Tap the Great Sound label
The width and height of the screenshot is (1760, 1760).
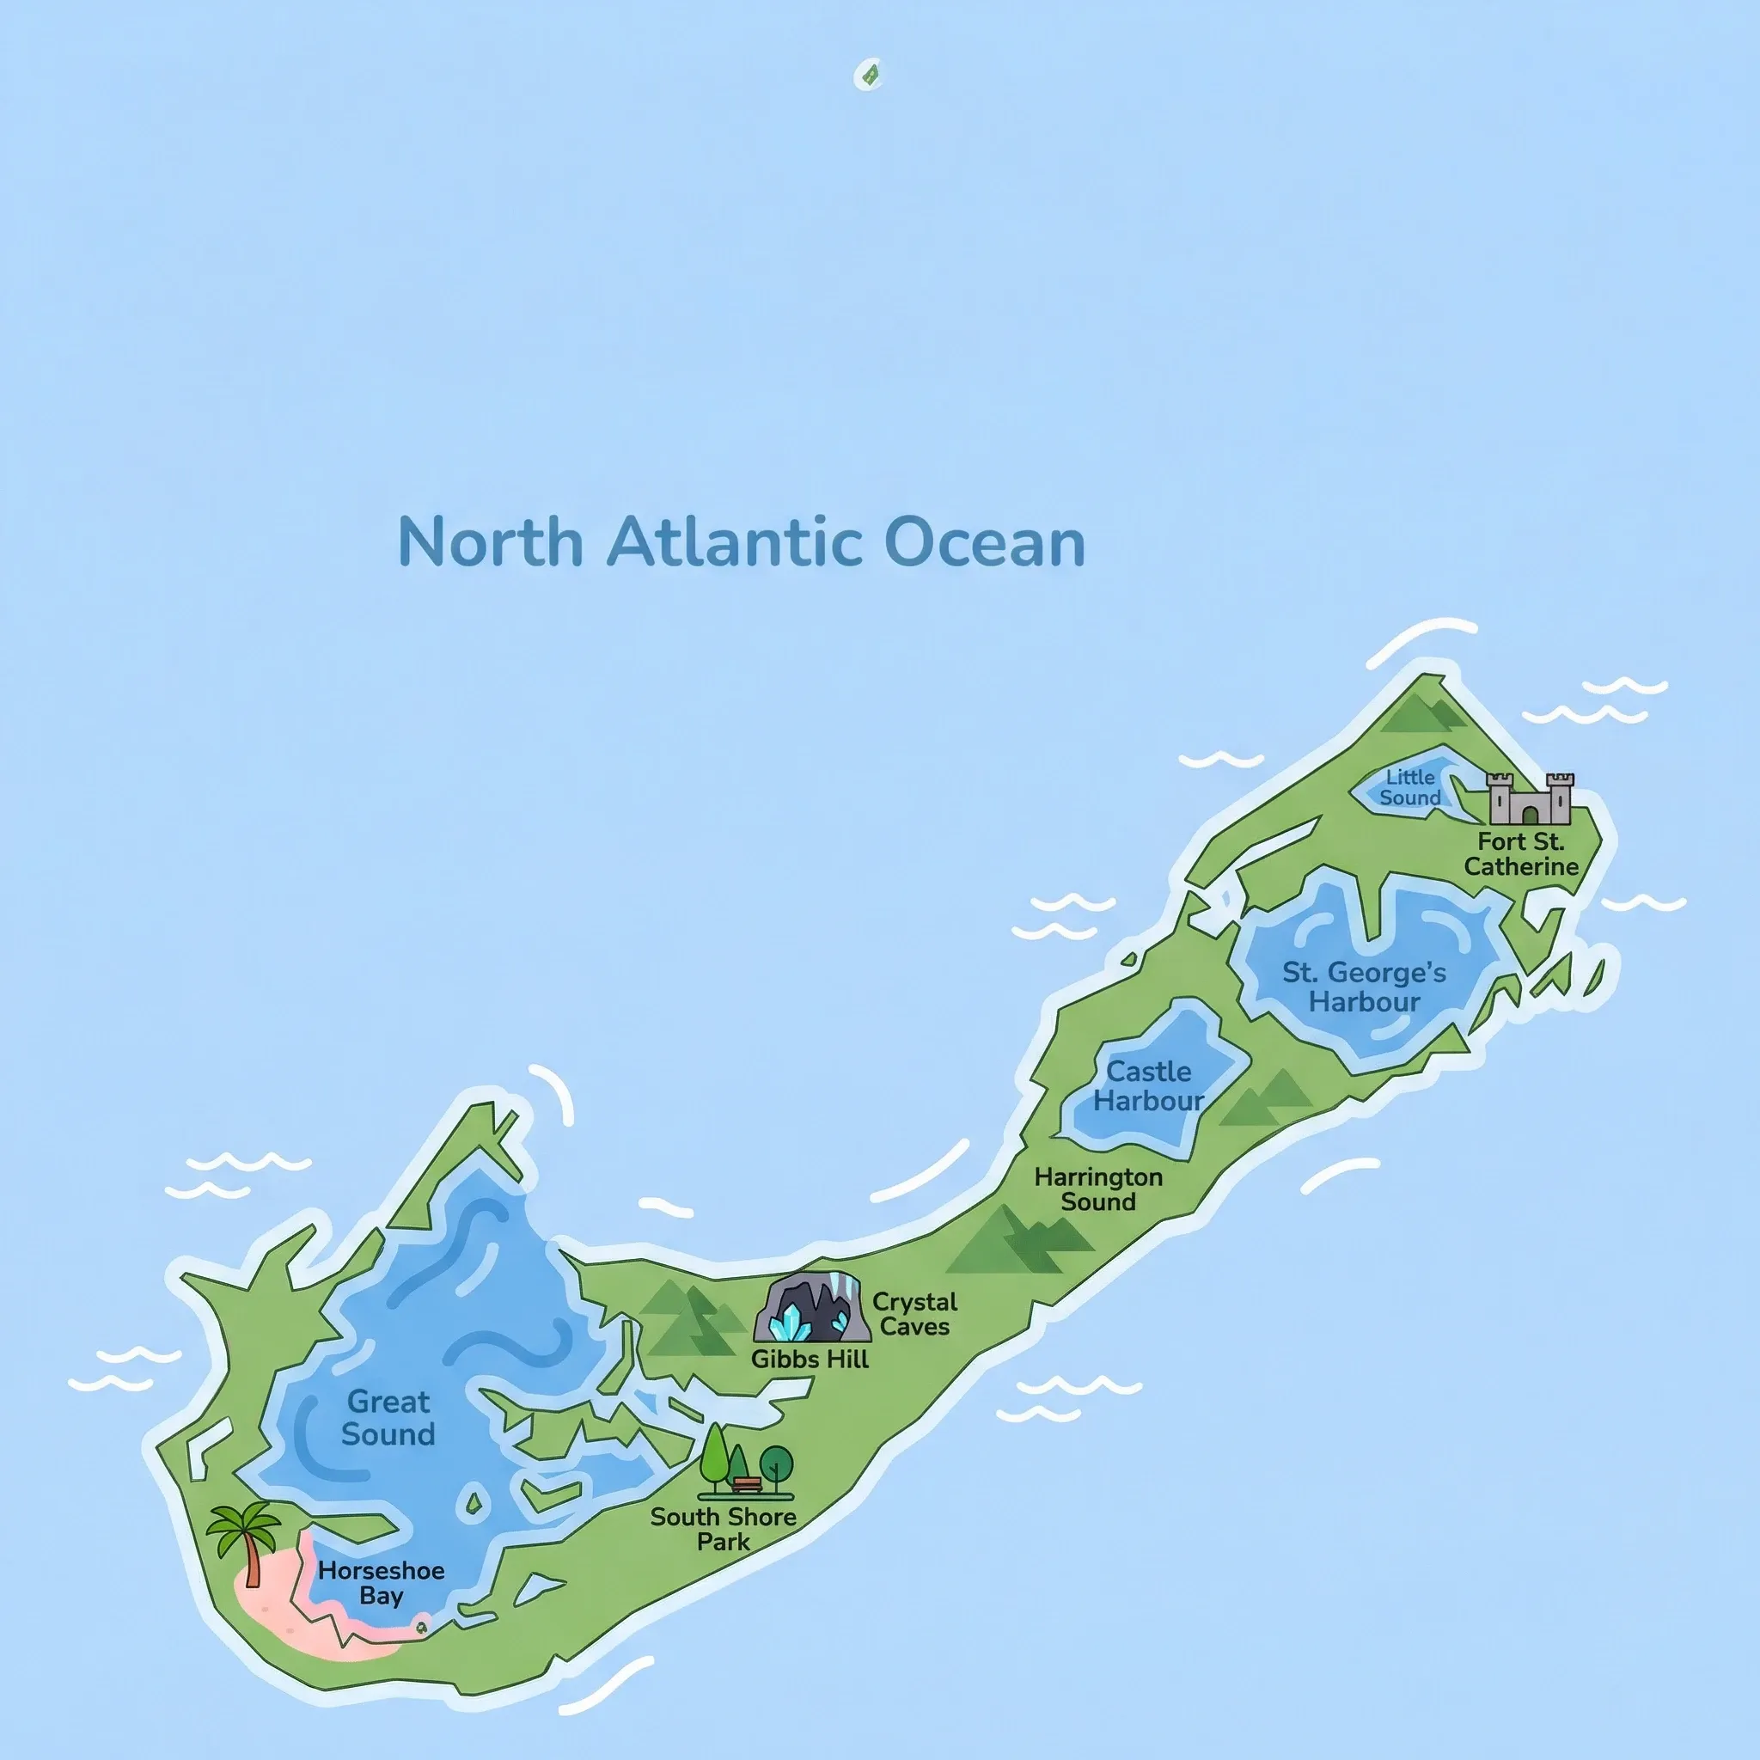pyautogui.click(x=388, y=1417)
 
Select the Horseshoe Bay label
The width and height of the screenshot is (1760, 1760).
pyautogui.click(x=381, y=1583)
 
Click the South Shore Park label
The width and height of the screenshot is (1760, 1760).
pyautogui.click(x=724, y=1529)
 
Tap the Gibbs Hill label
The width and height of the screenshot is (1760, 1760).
pyautogui.click(x=810, y=1360)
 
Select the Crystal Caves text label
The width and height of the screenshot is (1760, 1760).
pyautogui.click(x=914, y=1314)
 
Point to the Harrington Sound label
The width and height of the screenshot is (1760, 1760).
pyautogui.click(x=1097, y=1189)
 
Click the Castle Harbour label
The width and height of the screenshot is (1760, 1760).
pyautogui.click(x=1149, y=1085)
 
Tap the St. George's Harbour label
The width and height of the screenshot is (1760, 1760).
pyautogui.click(x=1364, y=987)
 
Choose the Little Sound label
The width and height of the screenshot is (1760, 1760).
pyautogui.click(x=1409, y=787)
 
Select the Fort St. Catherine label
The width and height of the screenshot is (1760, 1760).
pyautogui.click(x=1520, y=853)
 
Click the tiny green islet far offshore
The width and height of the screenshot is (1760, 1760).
pyautogui.click(x=869, y=75)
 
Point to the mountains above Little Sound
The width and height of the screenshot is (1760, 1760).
pyautogui.click(x=1423, y=713)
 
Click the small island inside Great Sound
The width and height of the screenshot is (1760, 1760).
pyautogui.click(x=473, y=1500)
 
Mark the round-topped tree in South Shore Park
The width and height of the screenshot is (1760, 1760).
pyautogui.click(x=776, y=1464)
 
